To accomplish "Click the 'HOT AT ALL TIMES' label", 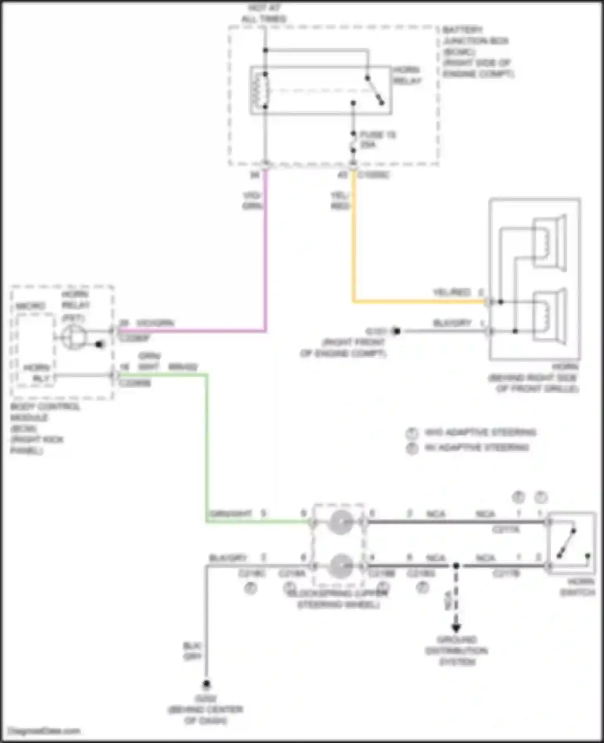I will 264,13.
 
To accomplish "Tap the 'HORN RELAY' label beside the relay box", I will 407,75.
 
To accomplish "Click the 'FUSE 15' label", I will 378,135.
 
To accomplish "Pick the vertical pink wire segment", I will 265,250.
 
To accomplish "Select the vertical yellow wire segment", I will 354,237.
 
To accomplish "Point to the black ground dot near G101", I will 397,331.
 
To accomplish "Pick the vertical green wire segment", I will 207,447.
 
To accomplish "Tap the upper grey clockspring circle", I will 341,522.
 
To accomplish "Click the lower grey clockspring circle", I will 341,566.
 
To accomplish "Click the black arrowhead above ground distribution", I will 456,628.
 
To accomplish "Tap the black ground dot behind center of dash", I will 207,684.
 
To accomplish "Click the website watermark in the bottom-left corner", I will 44,731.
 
